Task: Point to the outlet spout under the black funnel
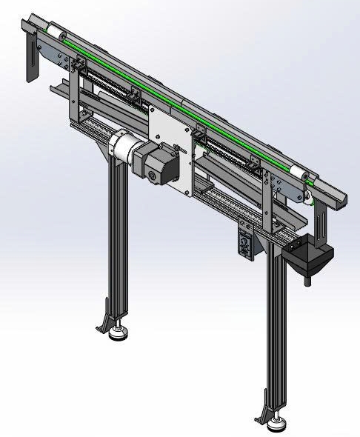pos(306,279)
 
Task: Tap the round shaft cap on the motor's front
pos(153,176)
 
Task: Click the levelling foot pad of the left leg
pos(116,336)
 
